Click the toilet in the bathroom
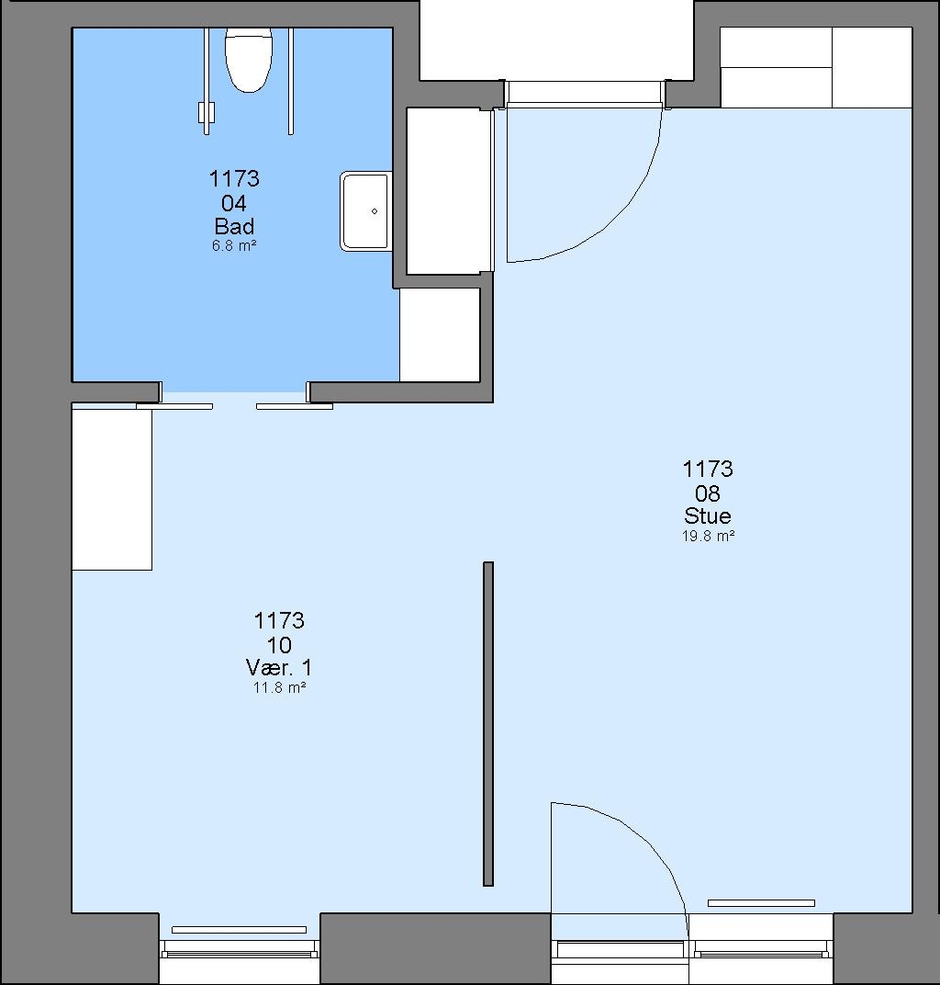249,60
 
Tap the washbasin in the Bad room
366,211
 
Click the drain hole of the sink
375,211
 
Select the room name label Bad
234,226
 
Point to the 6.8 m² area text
234,245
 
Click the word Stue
708,515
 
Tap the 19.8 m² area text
708,536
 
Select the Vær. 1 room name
279,667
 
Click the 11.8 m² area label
279,687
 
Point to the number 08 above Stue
708,493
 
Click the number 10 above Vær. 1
279,644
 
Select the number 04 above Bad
234,203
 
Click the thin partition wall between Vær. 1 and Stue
488,724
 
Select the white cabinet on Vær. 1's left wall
112,490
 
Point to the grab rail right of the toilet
290,81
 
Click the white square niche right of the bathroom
440,334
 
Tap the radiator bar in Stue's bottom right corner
761,903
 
